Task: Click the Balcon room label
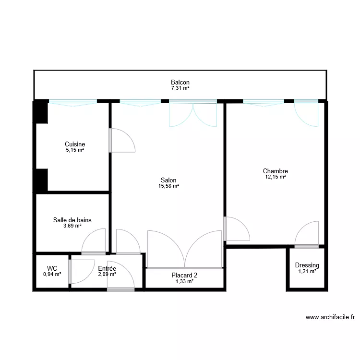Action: pos(180,83)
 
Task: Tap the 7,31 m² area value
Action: pos(180,89)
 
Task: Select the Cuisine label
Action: pos(75,144)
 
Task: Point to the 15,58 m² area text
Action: pos(168,186)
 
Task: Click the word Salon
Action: pos(168,180)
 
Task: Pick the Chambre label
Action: pos(275,171)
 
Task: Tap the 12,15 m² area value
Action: pos(275,177)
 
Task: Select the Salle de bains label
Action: pos(72,220)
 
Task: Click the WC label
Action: pos(52,268)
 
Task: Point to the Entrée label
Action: pos(107,269)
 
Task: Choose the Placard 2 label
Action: pos(184,276)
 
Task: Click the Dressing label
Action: pos(307,265)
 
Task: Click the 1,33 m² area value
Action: pos(184,282)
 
